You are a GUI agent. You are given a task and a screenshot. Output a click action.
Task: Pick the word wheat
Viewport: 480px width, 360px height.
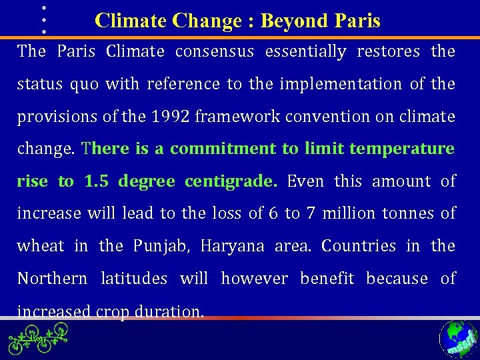click(x=41, y=246)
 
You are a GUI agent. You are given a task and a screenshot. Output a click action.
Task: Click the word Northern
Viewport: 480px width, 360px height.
click(x=51, y=278)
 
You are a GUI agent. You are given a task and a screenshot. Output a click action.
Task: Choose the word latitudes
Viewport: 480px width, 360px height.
click(x=133, y=278)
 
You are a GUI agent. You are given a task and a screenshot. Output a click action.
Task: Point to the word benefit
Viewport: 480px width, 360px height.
click(x=327, y=278)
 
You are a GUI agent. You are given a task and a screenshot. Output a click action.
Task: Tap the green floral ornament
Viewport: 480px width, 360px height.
click(x=38, y=337)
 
